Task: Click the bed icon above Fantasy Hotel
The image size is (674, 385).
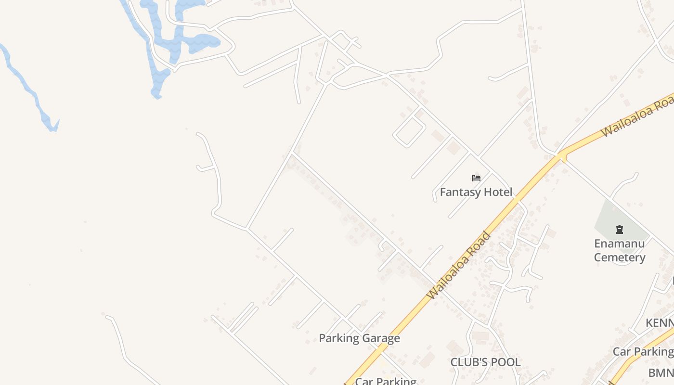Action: [x=476, y=178]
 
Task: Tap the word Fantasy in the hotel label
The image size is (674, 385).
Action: [x=460, y=192]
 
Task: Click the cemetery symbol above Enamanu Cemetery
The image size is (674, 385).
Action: [x=619, y=230]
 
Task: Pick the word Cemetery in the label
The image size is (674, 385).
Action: [x=619, y=257]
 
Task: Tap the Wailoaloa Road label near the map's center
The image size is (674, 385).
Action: [x=459, y=265]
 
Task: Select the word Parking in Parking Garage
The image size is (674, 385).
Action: [x=338, y=338]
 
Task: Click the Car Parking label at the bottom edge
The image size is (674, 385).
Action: [x=386, y=381]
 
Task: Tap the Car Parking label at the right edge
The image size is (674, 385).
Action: [x=643, y=352]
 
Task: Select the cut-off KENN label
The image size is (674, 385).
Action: [x=660, y=322]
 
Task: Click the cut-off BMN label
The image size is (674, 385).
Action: [x=661, y=372]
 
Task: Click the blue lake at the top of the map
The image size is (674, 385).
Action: [x=202, y=42]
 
